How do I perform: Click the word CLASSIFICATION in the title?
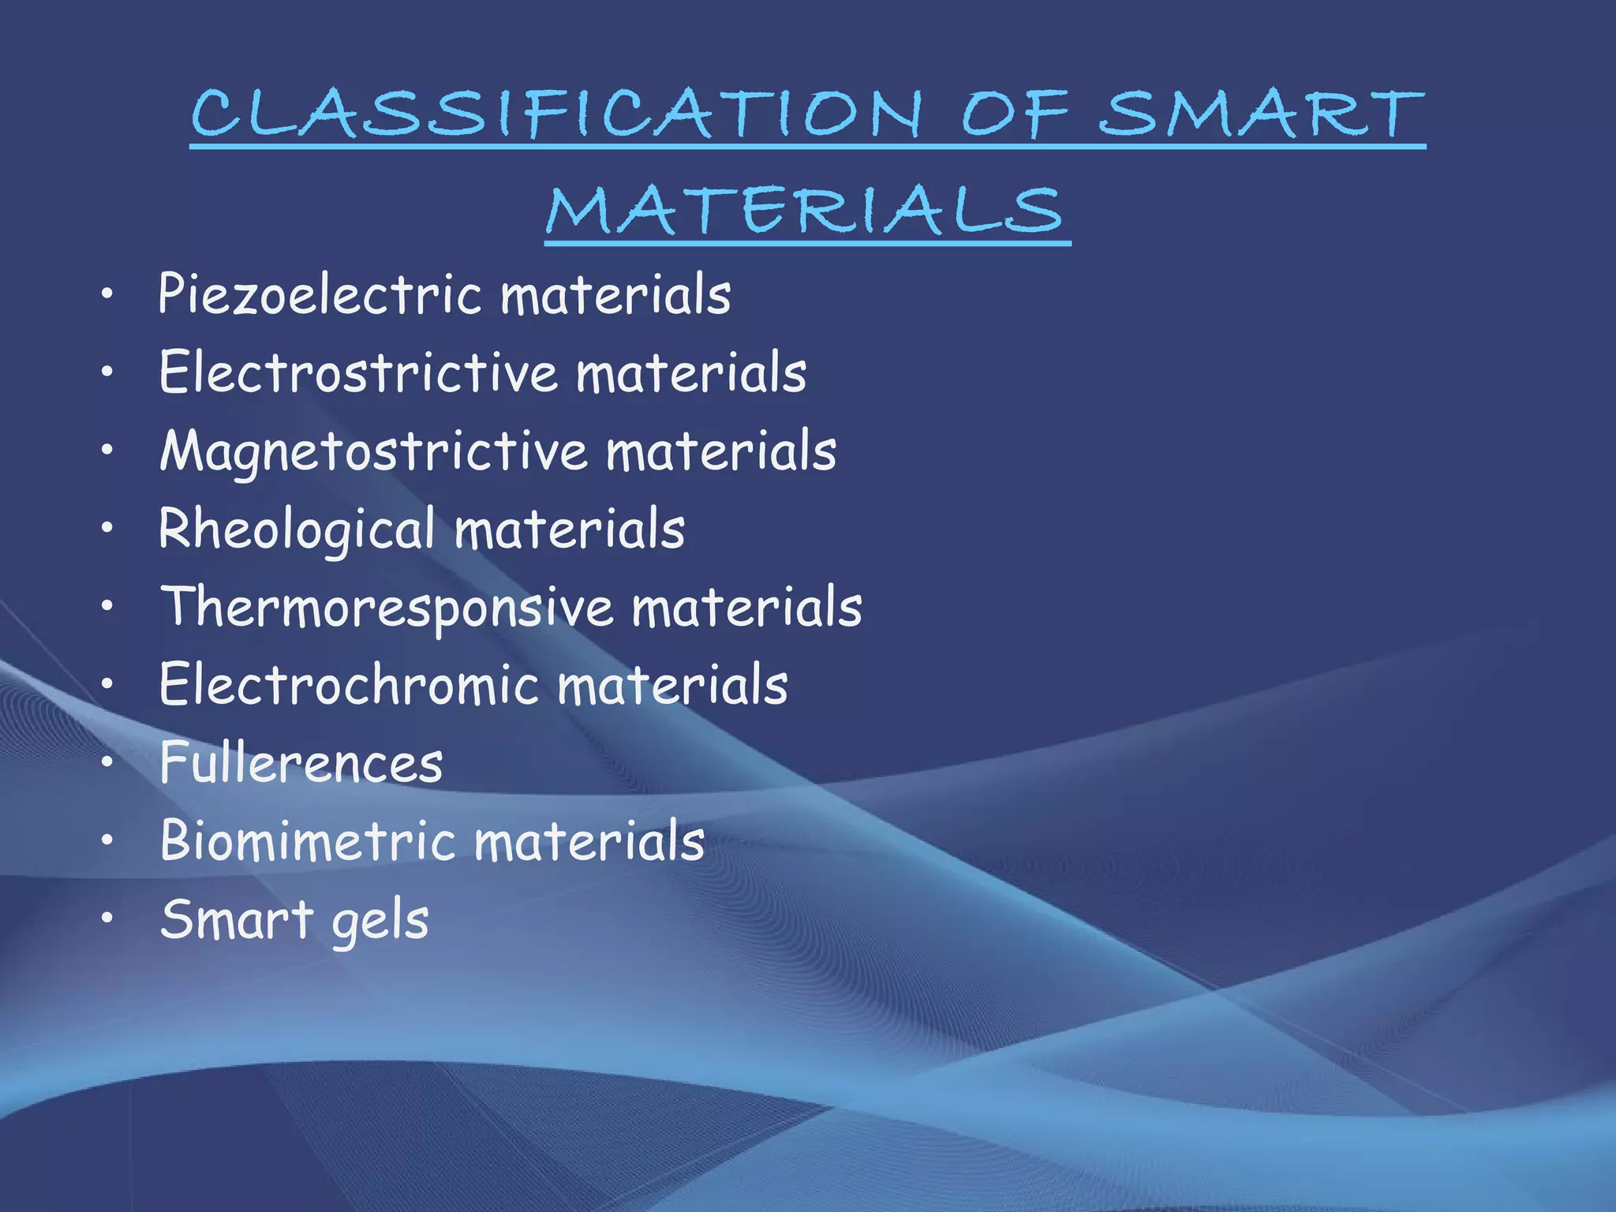click(x=556, y=114)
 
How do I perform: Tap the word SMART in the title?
click(x=1261, y=114)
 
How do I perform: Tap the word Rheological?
click(x=297, y=529)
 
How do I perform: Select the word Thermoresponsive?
click(x=387, y=608)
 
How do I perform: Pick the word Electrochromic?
click(x=348, y=685)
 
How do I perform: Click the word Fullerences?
click(x=301, y=763)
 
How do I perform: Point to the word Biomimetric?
click(x=308, y=840)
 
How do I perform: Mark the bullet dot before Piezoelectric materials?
click(x=107, y=295)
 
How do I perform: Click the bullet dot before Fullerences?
click(x=107, y=763)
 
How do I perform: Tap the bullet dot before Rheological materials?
click(x=107, y=529)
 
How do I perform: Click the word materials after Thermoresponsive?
click(x=746, y=608)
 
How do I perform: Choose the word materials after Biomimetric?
click(x=589, y=840)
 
